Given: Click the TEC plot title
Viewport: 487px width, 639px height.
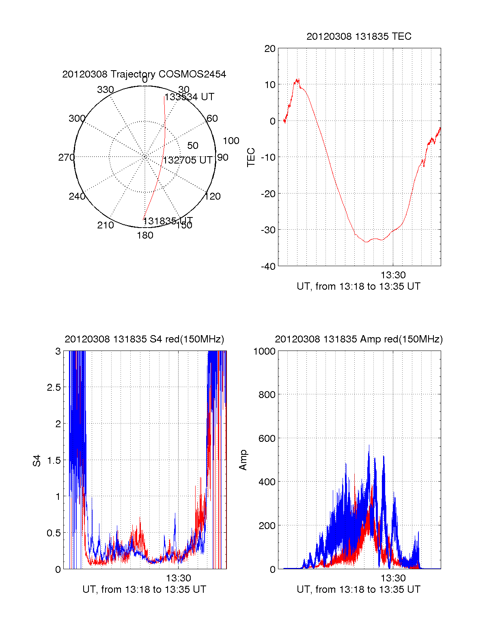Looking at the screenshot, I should click(x=359, y=37).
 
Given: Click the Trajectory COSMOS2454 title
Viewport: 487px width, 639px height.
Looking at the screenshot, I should click(x=144, y=74).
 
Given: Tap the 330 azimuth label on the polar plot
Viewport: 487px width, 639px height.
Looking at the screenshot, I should click(x=106, y=90).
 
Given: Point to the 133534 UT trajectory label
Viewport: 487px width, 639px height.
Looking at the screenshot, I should click(x=189, y=97).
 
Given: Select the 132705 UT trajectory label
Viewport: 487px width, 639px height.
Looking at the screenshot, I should click(x=187, y=160).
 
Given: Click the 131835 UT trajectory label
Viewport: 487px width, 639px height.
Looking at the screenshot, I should click(x=168, y=221).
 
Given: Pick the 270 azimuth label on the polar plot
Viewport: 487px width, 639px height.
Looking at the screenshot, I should click(x=66, y=157).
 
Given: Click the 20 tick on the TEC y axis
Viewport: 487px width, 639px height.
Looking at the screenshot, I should click(x=270, y=49).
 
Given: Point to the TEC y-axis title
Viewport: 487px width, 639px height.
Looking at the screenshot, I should click(x=251, y=157).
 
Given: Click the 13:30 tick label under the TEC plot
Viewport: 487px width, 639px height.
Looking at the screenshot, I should click(x=393, y=275).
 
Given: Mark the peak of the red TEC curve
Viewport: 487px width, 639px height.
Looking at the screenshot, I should click(x=297, y=80).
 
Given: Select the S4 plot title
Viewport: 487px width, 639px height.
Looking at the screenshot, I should click(x=144, y=339).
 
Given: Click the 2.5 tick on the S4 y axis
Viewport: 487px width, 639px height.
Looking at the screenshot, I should click(x=54, y=387).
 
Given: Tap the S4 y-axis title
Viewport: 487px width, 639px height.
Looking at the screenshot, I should click(x=37, y=460).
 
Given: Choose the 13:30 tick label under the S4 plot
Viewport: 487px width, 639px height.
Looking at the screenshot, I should click(x=178, y=578).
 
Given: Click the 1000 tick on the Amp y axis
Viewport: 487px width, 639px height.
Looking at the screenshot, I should click(x=264, y=351).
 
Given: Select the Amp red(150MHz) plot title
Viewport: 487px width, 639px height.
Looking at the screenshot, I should click(x=359, y=339).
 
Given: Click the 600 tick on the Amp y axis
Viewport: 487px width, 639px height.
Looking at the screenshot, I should click(x=267, y=439).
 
